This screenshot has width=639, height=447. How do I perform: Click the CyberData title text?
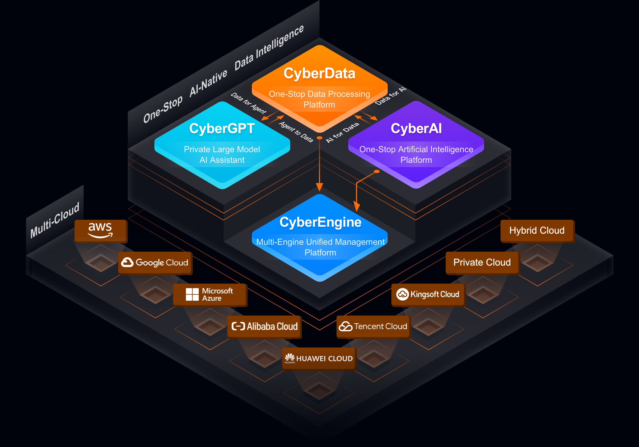319,73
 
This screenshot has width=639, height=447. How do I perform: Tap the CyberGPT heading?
222,129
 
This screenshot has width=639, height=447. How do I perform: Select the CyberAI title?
416,129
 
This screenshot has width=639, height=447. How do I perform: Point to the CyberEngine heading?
320,222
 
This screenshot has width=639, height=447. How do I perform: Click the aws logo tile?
100,231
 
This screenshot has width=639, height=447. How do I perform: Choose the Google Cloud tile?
155,263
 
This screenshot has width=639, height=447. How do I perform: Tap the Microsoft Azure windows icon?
192,294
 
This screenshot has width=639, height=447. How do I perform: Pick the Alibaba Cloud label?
272,326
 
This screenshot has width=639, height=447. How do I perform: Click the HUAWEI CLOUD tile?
319,358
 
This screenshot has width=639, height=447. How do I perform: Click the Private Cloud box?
482,262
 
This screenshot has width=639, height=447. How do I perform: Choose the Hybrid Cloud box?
536,231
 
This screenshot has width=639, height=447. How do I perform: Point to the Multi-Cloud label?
55,220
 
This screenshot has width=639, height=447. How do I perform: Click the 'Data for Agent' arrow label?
248,103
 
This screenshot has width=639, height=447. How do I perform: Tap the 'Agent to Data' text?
296,131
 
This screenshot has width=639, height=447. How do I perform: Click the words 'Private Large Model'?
222,149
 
